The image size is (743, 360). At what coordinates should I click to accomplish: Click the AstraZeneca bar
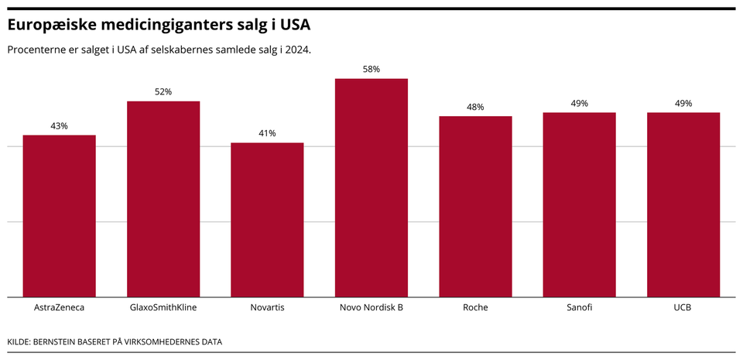click(x=59, y=216)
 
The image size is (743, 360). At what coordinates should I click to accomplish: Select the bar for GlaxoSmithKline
click(x=163, y=199)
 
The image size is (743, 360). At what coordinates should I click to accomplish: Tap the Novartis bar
click(x=267, y=220)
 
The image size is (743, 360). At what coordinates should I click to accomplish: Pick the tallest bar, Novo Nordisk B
click(x=371, y=187)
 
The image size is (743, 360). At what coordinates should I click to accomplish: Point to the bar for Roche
click(x=475, y=207)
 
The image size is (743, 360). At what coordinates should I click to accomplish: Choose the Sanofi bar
click(x=579, y=204)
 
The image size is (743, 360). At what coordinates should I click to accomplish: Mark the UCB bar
click(x=683, y=204)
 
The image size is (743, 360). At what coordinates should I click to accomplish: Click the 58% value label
click(x=371, y=69)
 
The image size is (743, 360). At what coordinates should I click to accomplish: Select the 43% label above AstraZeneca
click(x=59, y=125)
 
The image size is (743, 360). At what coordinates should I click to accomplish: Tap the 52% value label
click(x=163, y=91)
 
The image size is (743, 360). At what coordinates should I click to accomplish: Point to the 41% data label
click(x=267, y=133)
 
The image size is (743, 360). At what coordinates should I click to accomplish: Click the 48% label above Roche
click(x=475, y=107)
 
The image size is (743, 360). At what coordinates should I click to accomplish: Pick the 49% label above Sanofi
click(x=579, y=103)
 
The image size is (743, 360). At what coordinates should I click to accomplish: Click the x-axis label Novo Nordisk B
click(x=371, y=307)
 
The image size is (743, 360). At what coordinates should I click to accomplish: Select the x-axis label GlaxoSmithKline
click(x=163, y=307)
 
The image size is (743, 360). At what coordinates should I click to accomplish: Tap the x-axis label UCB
click(x=683, y=307)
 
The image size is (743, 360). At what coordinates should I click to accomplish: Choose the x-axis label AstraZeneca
click(x=59, y=307)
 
